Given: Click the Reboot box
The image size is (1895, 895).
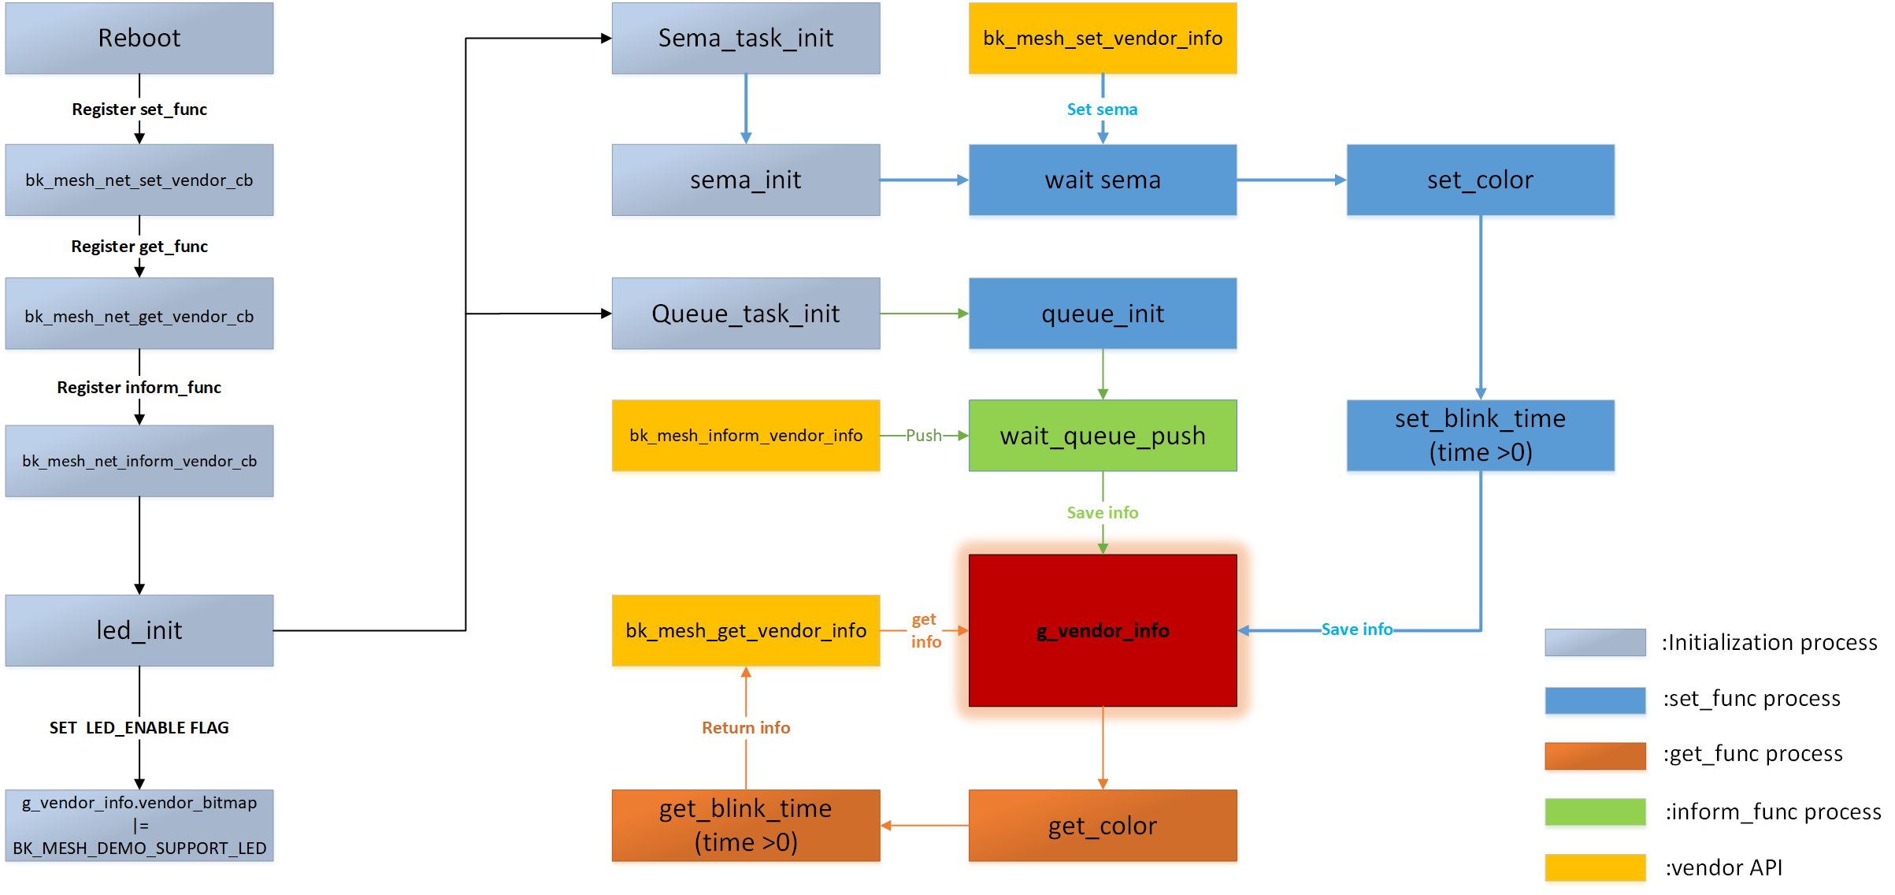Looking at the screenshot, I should pyautogui.click(x=139, y=38).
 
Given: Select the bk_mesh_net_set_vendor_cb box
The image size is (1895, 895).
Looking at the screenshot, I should pyautogui.click(x=139, y=180).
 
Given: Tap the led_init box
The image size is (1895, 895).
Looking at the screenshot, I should pyautogui.click(x=139, y=630).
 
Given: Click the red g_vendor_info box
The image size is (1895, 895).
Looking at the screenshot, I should pyautogui.click(x=1103, y=630).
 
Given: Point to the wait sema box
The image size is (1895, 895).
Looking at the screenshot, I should pyautogui.click(x=1103, y=180).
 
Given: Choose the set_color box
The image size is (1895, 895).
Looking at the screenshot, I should pyautogui.click(x=1480, y=180).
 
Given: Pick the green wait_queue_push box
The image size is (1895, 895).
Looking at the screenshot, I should pyautogui.click(x=1103, y=436).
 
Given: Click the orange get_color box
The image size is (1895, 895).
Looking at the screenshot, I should pyautogui.click(x=1103, y=826).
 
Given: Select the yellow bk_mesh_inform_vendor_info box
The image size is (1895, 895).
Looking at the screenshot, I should pyautogui.click(x=746, y=436).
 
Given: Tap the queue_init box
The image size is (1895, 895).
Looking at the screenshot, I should pyautogui.click(x=1103, y=314).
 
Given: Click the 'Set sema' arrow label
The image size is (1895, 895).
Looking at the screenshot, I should pyautogui.click(x=1102, y=110).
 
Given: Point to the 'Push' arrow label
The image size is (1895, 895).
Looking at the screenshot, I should pyautogui.click(x=923, y=436).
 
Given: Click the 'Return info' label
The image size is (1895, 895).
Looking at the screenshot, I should pyautogui.click(x=746, y=728).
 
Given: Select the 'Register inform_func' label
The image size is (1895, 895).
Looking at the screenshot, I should pyautogui.click(x=139, y=388).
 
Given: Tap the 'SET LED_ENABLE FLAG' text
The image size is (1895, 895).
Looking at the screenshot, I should pyautogui.click(x=139, y=728).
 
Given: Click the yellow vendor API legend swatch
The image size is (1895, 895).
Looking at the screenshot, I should pyautogui.click(x=1595, y=867).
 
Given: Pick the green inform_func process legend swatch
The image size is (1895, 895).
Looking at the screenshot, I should pyautogui.click(x=1595, y=811).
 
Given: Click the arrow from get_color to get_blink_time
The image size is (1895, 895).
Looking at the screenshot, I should pyautogui.click(x=925, y=826).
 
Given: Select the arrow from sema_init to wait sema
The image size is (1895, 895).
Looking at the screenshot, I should pyautogui.click(x=924, y=180).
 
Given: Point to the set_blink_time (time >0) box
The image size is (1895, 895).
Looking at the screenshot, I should pyautogui.click(x=1480, y=436).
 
